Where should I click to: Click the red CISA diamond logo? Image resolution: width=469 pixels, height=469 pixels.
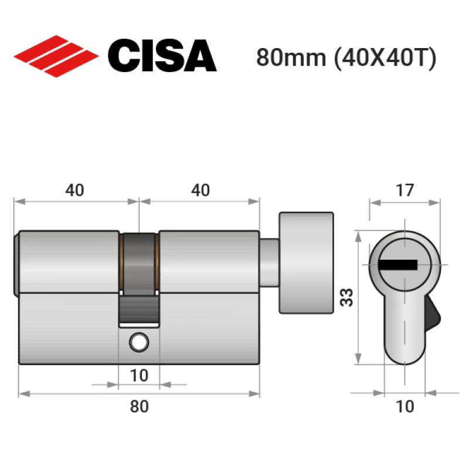pos(56,56)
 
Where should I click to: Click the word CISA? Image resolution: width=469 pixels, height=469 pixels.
pos(162,56)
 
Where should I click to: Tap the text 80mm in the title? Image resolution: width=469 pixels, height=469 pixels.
pos(291,57)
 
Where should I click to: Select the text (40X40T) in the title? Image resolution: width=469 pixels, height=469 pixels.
pos(385,58)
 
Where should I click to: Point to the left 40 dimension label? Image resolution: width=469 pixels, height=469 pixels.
pos(75,190)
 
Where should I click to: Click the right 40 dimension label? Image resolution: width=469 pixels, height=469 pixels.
pos(200,190)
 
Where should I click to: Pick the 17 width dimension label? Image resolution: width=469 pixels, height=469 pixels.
pos(405,190)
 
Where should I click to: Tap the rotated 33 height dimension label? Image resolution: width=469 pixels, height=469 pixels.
pos(346,297)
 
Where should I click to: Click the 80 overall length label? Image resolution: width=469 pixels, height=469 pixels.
pos(140,406)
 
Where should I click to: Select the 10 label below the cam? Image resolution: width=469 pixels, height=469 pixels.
pos(139,375)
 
